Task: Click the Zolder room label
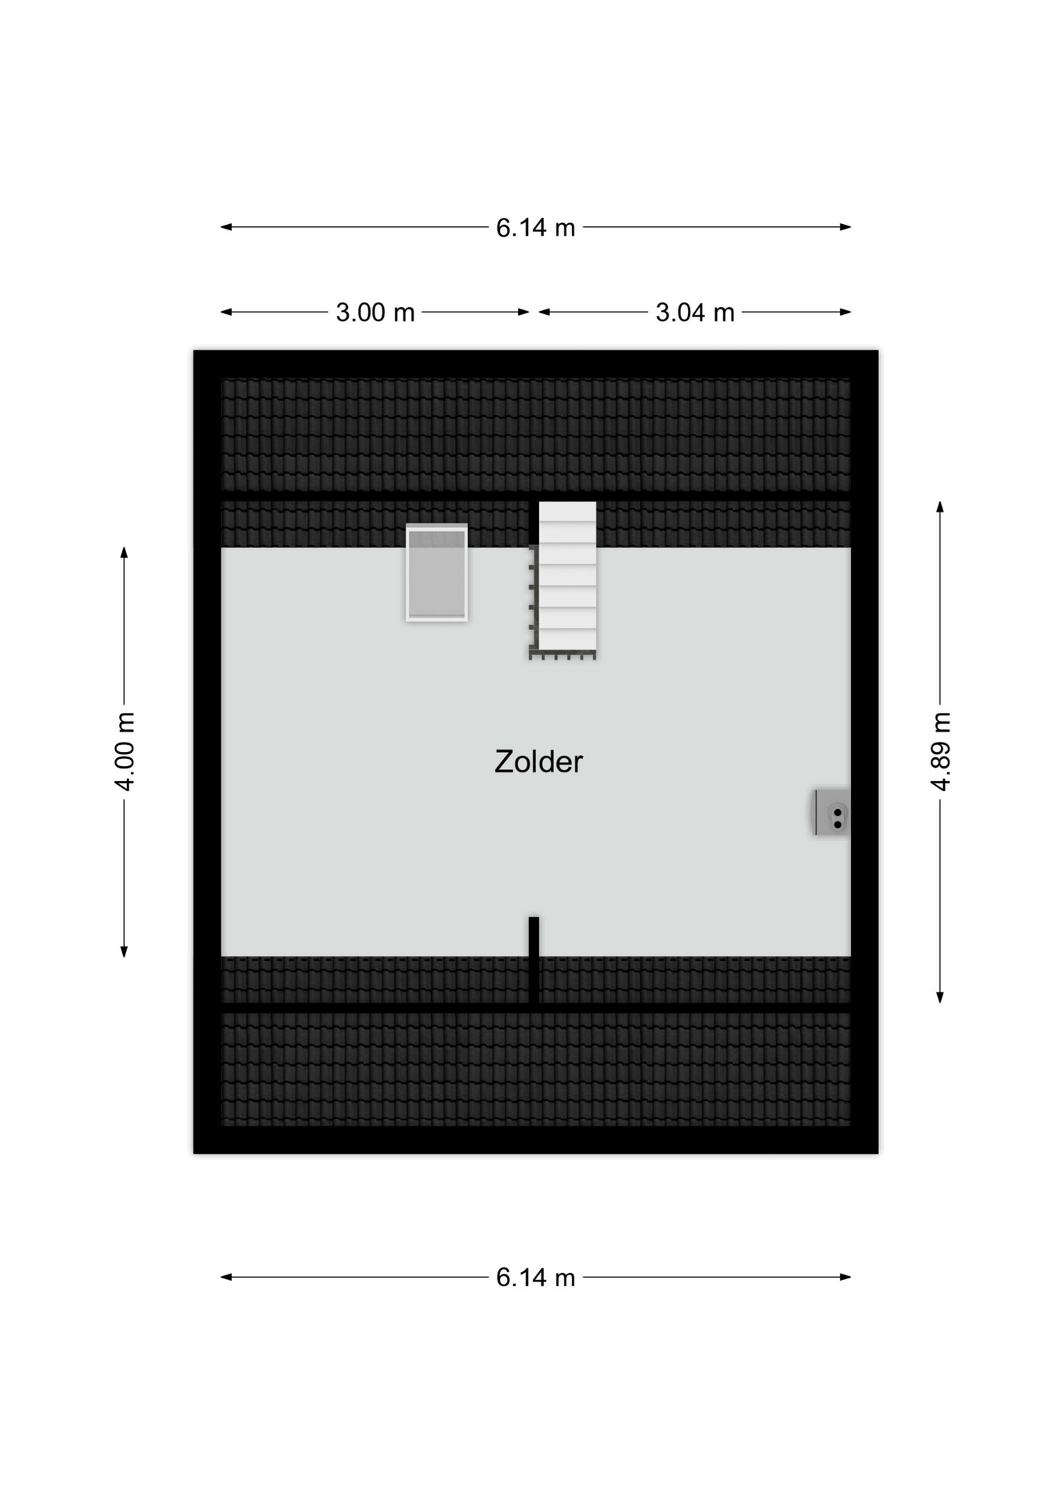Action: tap(538, 761)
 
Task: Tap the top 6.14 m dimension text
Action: tap(535, 227)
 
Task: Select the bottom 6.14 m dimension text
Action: tap(535, 1278)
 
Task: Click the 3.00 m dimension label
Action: tap(375, 313)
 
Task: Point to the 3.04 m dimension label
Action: tap(695, 313)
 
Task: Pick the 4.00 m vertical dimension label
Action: tap(125, 751)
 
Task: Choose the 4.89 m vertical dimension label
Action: tap(940, 751)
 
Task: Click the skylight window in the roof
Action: tap(436, 573)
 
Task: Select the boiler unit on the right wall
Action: tap(831, 812)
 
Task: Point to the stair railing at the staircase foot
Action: tap(563, 656)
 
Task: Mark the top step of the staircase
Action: tap(567, 512)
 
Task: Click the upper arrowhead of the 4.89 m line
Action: tap(940, 506)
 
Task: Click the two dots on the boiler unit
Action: tap(838, 819)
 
